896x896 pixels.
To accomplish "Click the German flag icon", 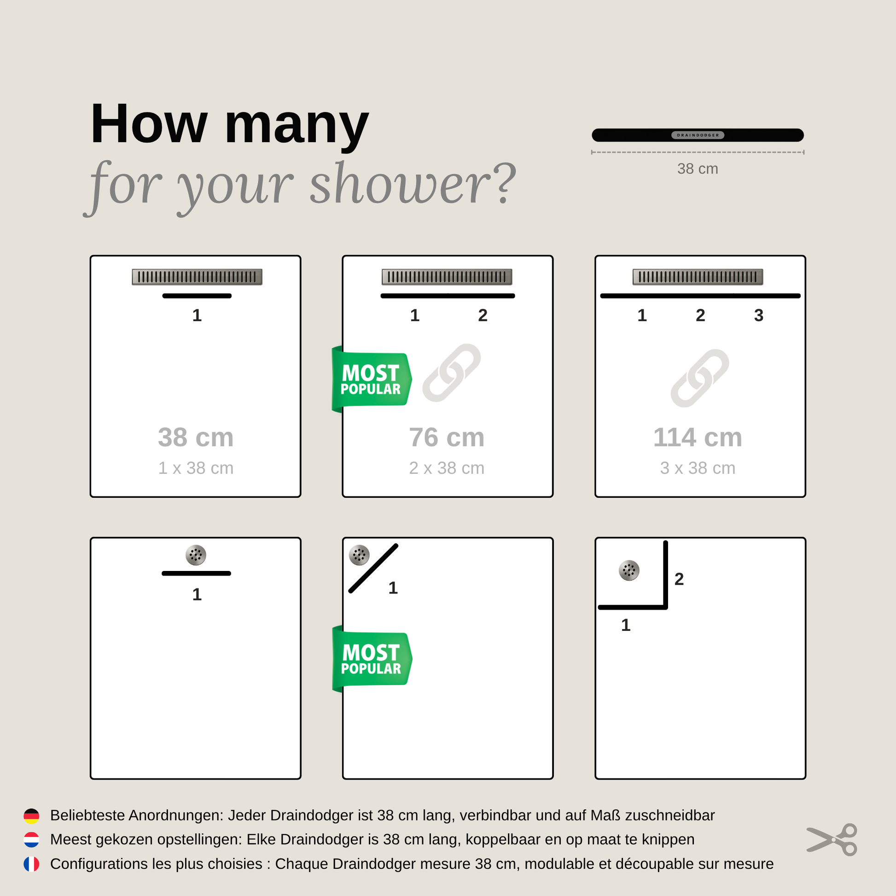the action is [31, 816].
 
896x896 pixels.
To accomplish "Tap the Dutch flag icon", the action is [31, 840].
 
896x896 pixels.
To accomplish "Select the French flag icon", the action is [31, 864].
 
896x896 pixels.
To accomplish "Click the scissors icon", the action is [832, 840].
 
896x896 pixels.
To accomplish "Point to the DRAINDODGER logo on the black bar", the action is [698, 135].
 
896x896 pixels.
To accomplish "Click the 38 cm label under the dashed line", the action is [698, 169].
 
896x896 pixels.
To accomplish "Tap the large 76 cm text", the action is [447, 437].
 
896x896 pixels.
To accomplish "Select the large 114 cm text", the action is [698, 437].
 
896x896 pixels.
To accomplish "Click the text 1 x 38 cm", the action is [196, 468].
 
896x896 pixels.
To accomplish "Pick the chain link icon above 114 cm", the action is [700, 378].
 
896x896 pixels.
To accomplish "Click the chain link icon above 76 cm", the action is [451, 373].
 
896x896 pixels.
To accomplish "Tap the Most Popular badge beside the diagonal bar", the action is [372, 659].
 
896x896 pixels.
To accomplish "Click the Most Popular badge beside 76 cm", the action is [372, 379].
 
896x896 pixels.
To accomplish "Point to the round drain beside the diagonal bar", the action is [360, 555].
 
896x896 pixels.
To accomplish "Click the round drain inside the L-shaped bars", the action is [629, 570].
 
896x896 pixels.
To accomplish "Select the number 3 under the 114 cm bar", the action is [759, 315].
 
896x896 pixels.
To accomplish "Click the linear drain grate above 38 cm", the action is [197, 277].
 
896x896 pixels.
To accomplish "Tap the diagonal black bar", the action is [373, 569].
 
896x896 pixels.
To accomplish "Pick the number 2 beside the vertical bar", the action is [679, 579].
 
